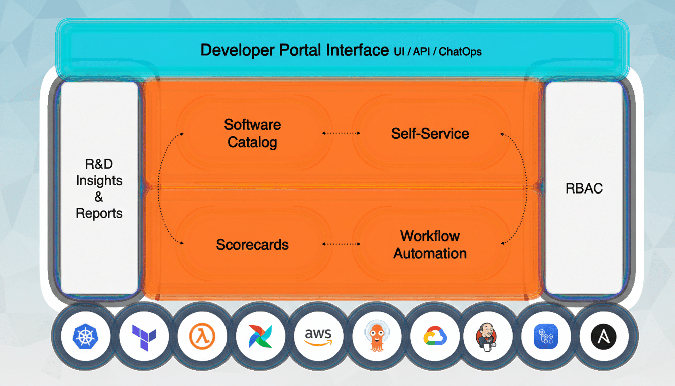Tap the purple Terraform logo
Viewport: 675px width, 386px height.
[x=144, y=336]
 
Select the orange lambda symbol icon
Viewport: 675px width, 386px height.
[x=202, y=336]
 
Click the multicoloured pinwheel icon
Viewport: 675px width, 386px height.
[x=260, y=336]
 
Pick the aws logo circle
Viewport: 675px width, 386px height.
[x=318, y=336]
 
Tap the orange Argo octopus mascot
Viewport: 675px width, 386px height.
[x=376, y=336]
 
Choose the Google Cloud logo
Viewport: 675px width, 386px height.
[x=433, y=336]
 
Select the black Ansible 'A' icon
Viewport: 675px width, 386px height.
[x=603, y=336]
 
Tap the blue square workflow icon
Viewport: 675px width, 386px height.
[x=546, y=336]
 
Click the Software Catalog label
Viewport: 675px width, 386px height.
[x=252, y=133]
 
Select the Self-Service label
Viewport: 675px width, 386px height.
[x=430, y=134]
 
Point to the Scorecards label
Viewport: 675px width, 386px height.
[x=252, y=245]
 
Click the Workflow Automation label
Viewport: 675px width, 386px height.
[x=430, y=245]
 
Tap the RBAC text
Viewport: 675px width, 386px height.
[x=584, y=189]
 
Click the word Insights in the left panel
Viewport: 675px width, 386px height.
[x=99, y=181]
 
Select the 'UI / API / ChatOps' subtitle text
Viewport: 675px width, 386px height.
[x=437, y=51]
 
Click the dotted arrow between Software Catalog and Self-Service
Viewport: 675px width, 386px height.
[x=341, y=133]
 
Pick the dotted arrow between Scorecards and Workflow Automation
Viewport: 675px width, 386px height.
[x=341, y=245]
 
